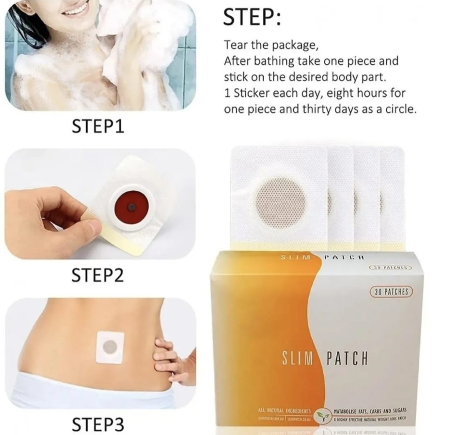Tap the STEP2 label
point(98,276)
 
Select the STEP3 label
point(98,425)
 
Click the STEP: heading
point(252,18)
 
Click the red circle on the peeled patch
point(131,206)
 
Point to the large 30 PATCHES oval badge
point(391,292)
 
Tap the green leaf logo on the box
point(321,415)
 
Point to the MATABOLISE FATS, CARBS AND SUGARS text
point(370,411)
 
